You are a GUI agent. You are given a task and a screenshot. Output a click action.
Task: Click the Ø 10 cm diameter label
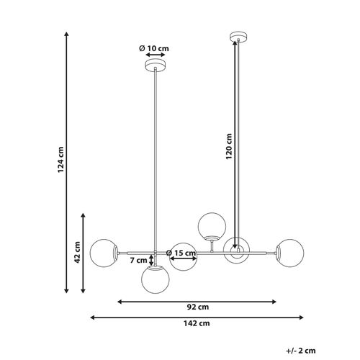point(153,48)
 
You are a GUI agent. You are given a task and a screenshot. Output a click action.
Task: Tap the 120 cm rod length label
point(229,148)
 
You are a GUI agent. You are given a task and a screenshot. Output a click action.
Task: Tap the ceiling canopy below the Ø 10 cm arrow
point(153,66)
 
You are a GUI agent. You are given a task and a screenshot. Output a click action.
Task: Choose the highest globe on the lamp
point(211,225)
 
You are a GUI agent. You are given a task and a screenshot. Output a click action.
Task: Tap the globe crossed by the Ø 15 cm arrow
point(184,256)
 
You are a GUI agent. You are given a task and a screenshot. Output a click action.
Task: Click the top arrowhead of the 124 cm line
point(66,33)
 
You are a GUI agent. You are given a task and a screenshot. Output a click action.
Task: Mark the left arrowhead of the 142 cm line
point(93,316)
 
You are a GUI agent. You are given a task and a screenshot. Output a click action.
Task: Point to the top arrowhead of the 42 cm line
point(84,215)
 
